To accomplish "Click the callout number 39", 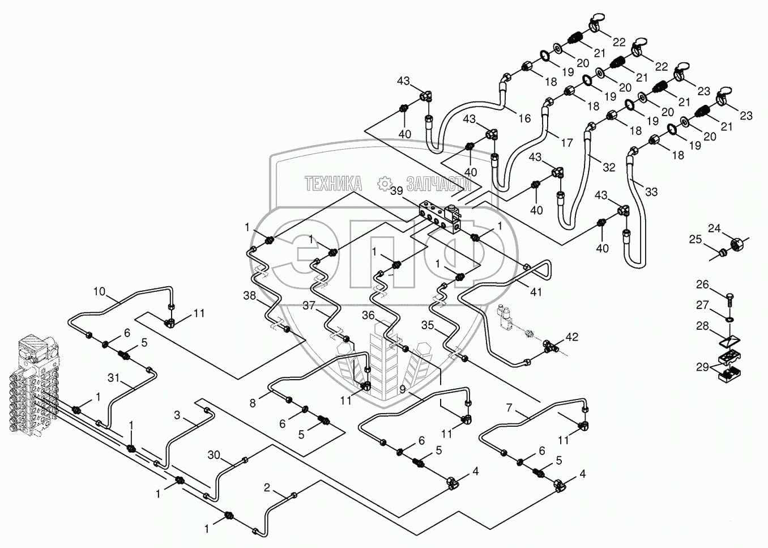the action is pyautogui.click(x=396, y=191).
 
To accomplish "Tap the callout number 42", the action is pyautogui.click(x=571, y=337).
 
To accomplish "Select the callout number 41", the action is pyautogui.click(x=536, y=292).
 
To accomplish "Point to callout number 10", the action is pyautogui.click(x=100, y=292).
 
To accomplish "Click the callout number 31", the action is pyautogui.click(x=113, y=378).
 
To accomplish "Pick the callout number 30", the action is pyautogui.click(x=214, y=455).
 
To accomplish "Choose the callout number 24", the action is pyautogui.click(x=715, y=228).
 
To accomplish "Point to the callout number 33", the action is pyautogui.click(x=651, y=192).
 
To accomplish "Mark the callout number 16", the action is pyautogui.click(x=524, y=118).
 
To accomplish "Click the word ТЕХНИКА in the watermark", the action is pyautogui.click(x=333, y=184).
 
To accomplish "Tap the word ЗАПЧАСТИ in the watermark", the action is pyautogui.click(x=439, y=184).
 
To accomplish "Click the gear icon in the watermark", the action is pyautogui.click(x=385, y=184).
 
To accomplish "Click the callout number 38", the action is pyautogui.click(x=250, y=295).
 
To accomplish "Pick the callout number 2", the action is pyautogui.click(x=267, y=487).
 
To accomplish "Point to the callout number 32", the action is pyautogui.click(x=609, y=167).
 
